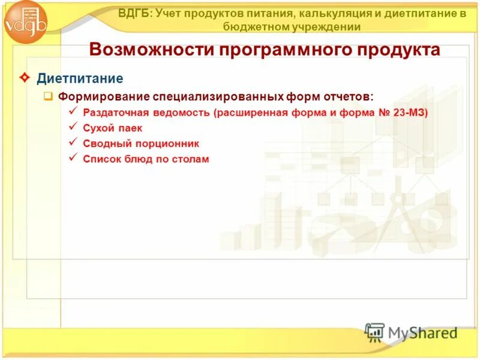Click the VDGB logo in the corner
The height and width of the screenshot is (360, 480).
[x=26, y=23]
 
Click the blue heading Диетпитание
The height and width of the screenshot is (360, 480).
[x=80, y=79]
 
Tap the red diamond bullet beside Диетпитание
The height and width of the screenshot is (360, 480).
[x=25, y=78]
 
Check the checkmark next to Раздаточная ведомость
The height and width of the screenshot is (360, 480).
[x=73, y=111]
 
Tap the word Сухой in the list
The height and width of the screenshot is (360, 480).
[x=98, y=128]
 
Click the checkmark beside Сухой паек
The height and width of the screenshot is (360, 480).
[x=73, y=127]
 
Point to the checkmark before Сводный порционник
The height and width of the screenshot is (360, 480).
[x=73, y=142]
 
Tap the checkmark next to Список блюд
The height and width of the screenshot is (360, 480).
[x=73, y=158]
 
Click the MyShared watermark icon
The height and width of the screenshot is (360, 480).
[x=374, y=332]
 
